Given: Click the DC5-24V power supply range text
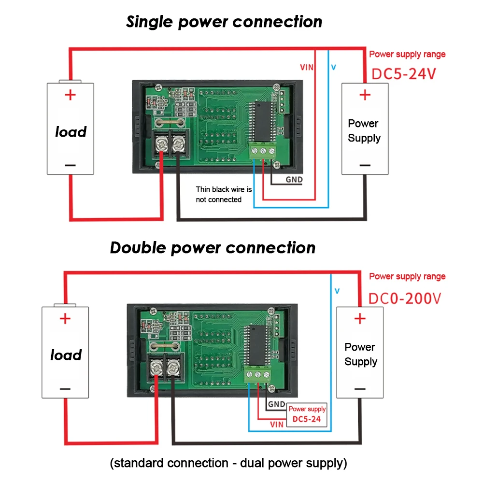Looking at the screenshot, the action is pos(403,74).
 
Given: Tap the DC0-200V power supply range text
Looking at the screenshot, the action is pos(404,298).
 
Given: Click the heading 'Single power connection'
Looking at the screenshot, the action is pos(224,22).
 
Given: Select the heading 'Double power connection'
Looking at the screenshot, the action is pos(213,248).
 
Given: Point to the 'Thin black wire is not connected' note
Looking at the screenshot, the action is pos(224,194).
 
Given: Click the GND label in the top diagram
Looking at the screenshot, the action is pos(294,180).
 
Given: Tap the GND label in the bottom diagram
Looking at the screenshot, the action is pos(276,404).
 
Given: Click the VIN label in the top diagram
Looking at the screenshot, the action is pos(307,67).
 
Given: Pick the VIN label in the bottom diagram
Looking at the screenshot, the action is pos(277,425).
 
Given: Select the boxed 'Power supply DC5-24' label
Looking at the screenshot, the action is pos(307,414).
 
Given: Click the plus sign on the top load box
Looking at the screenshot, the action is pos(70,95).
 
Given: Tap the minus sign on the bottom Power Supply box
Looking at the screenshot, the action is pos(360,389).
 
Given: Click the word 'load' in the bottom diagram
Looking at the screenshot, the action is pos(66,355).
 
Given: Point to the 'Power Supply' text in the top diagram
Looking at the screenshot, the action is pos(364,130).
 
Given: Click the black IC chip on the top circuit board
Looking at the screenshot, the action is pos(263,122).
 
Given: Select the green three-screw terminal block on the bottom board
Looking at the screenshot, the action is pos(258,374).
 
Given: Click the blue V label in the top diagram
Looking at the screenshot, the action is pos(334,67).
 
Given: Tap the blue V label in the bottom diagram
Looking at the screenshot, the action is pos(337,291).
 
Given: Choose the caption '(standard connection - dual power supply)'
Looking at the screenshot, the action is pos(228,463).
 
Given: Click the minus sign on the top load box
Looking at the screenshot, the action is pos(70,165).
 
